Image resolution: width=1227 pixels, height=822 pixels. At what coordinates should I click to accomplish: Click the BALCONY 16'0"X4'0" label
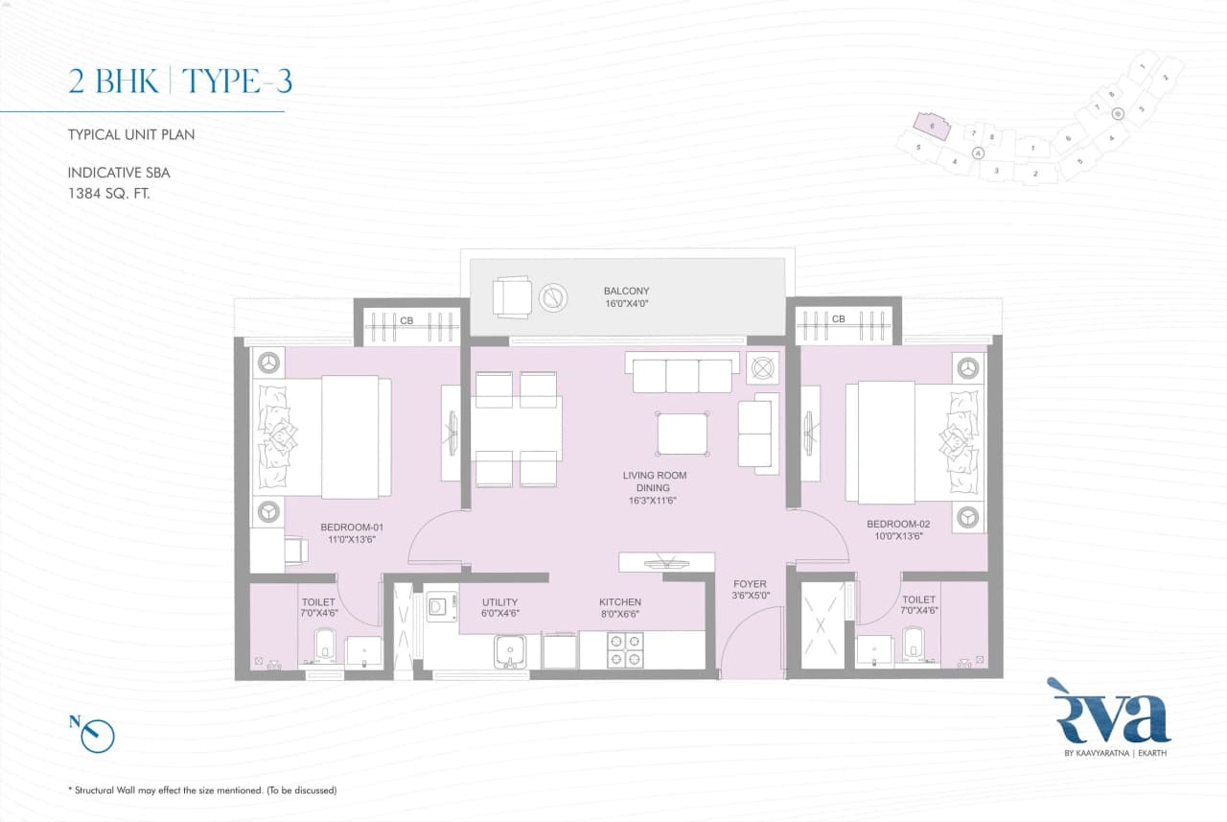coord(626,297)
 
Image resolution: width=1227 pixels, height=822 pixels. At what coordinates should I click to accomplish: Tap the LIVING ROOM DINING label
coord(655,487)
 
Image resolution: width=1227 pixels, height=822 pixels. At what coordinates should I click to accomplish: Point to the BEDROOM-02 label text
coord(898,530)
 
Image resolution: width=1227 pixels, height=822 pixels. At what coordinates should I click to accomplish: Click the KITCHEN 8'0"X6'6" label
coord(619,608)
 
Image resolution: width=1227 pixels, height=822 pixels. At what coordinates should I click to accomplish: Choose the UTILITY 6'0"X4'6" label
coord(499,608)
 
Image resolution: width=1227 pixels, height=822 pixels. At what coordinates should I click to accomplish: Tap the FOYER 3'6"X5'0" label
coord(750,589)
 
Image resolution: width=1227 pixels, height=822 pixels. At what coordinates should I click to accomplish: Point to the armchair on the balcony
coord(511,295)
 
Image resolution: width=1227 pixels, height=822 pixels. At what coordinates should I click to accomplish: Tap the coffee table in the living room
coord(682,434)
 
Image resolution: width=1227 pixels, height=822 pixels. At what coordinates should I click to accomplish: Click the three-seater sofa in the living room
coord(682,375)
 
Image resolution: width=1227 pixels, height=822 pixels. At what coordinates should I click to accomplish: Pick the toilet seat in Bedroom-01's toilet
coord(324,646)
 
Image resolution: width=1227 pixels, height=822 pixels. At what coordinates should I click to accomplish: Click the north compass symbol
coord(97,735)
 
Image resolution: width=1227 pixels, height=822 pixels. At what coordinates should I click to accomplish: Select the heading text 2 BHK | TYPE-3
coord(179,82)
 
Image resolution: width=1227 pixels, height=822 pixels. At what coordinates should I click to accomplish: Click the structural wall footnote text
coord(202,790)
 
